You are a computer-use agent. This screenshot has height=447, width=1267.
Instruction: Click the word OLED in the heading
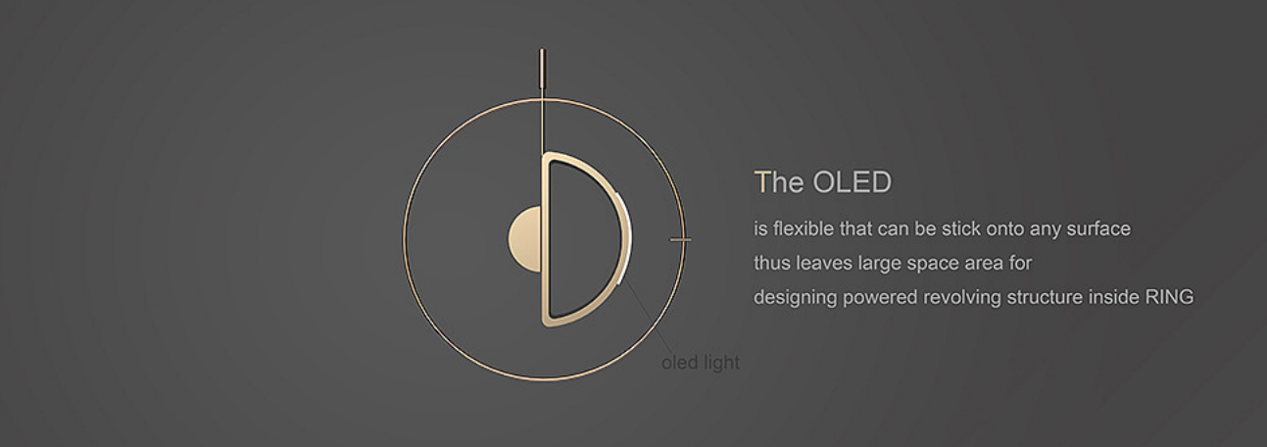[x=852, y=182]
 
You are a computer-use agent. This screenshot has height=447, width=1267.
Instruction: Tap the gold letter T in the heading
[x=761, y=182]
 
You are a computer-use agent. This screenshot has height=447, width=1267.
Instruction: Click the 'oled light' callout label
[x=701, y=362]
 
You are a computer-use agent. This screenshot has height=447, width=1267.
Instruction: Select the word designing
[x=796, y=298]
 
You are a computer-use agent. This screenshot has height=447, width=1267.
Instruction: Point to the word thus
[x=772, y=263]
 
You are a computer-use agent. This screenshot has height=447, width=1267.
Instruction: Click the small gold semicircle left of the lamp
[x=525, y=239]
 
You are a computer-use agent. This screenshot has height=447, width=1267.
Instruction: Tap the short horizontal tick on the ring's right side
[x=680, y=239]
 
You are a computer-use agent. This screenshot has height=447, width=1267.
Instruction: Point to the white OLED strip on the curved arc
[x=627, y=237]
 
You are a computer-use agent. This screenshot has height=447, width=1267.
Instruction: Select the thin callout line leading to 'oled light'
[x=648, y=318]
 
